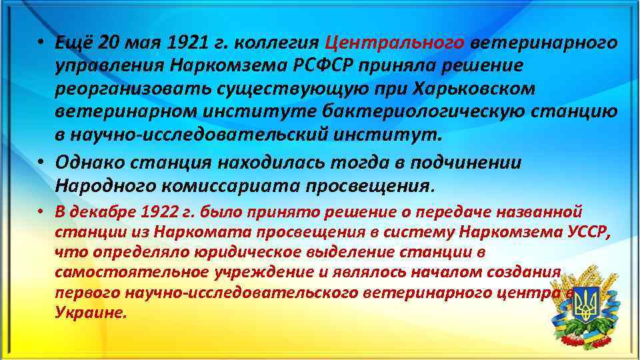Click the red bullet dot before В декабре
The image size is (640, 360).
pos(41,213)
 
